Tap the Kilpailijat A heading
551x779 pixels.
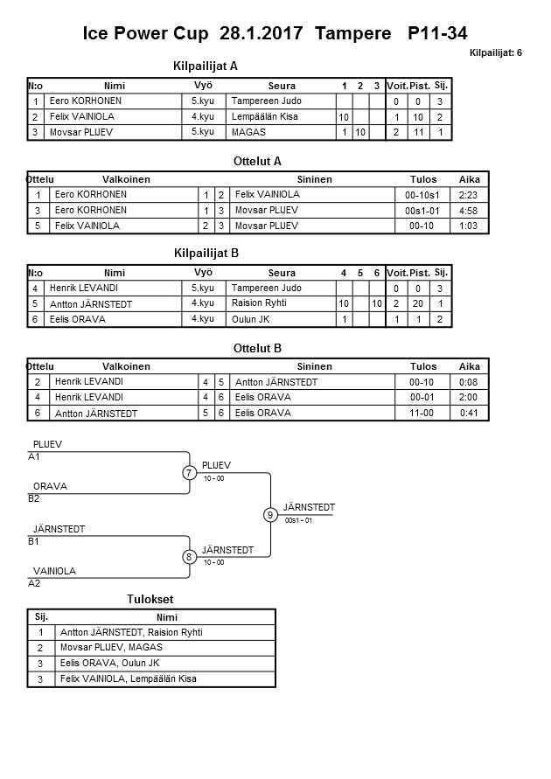click(206, 66)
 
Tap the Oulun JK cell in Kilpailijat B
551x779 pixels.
click(251, 319)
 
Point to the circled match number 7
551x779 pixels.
click(189, 473)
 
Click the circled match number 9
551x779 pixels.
click(270, 515)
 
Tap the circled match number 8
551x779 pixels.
click(189, 557)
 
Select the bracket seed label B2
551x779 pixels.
click(34, 498)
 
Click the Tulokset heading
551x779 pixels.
click(150, 599)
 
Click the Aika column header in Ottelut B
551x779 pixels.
click(470, 367)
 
